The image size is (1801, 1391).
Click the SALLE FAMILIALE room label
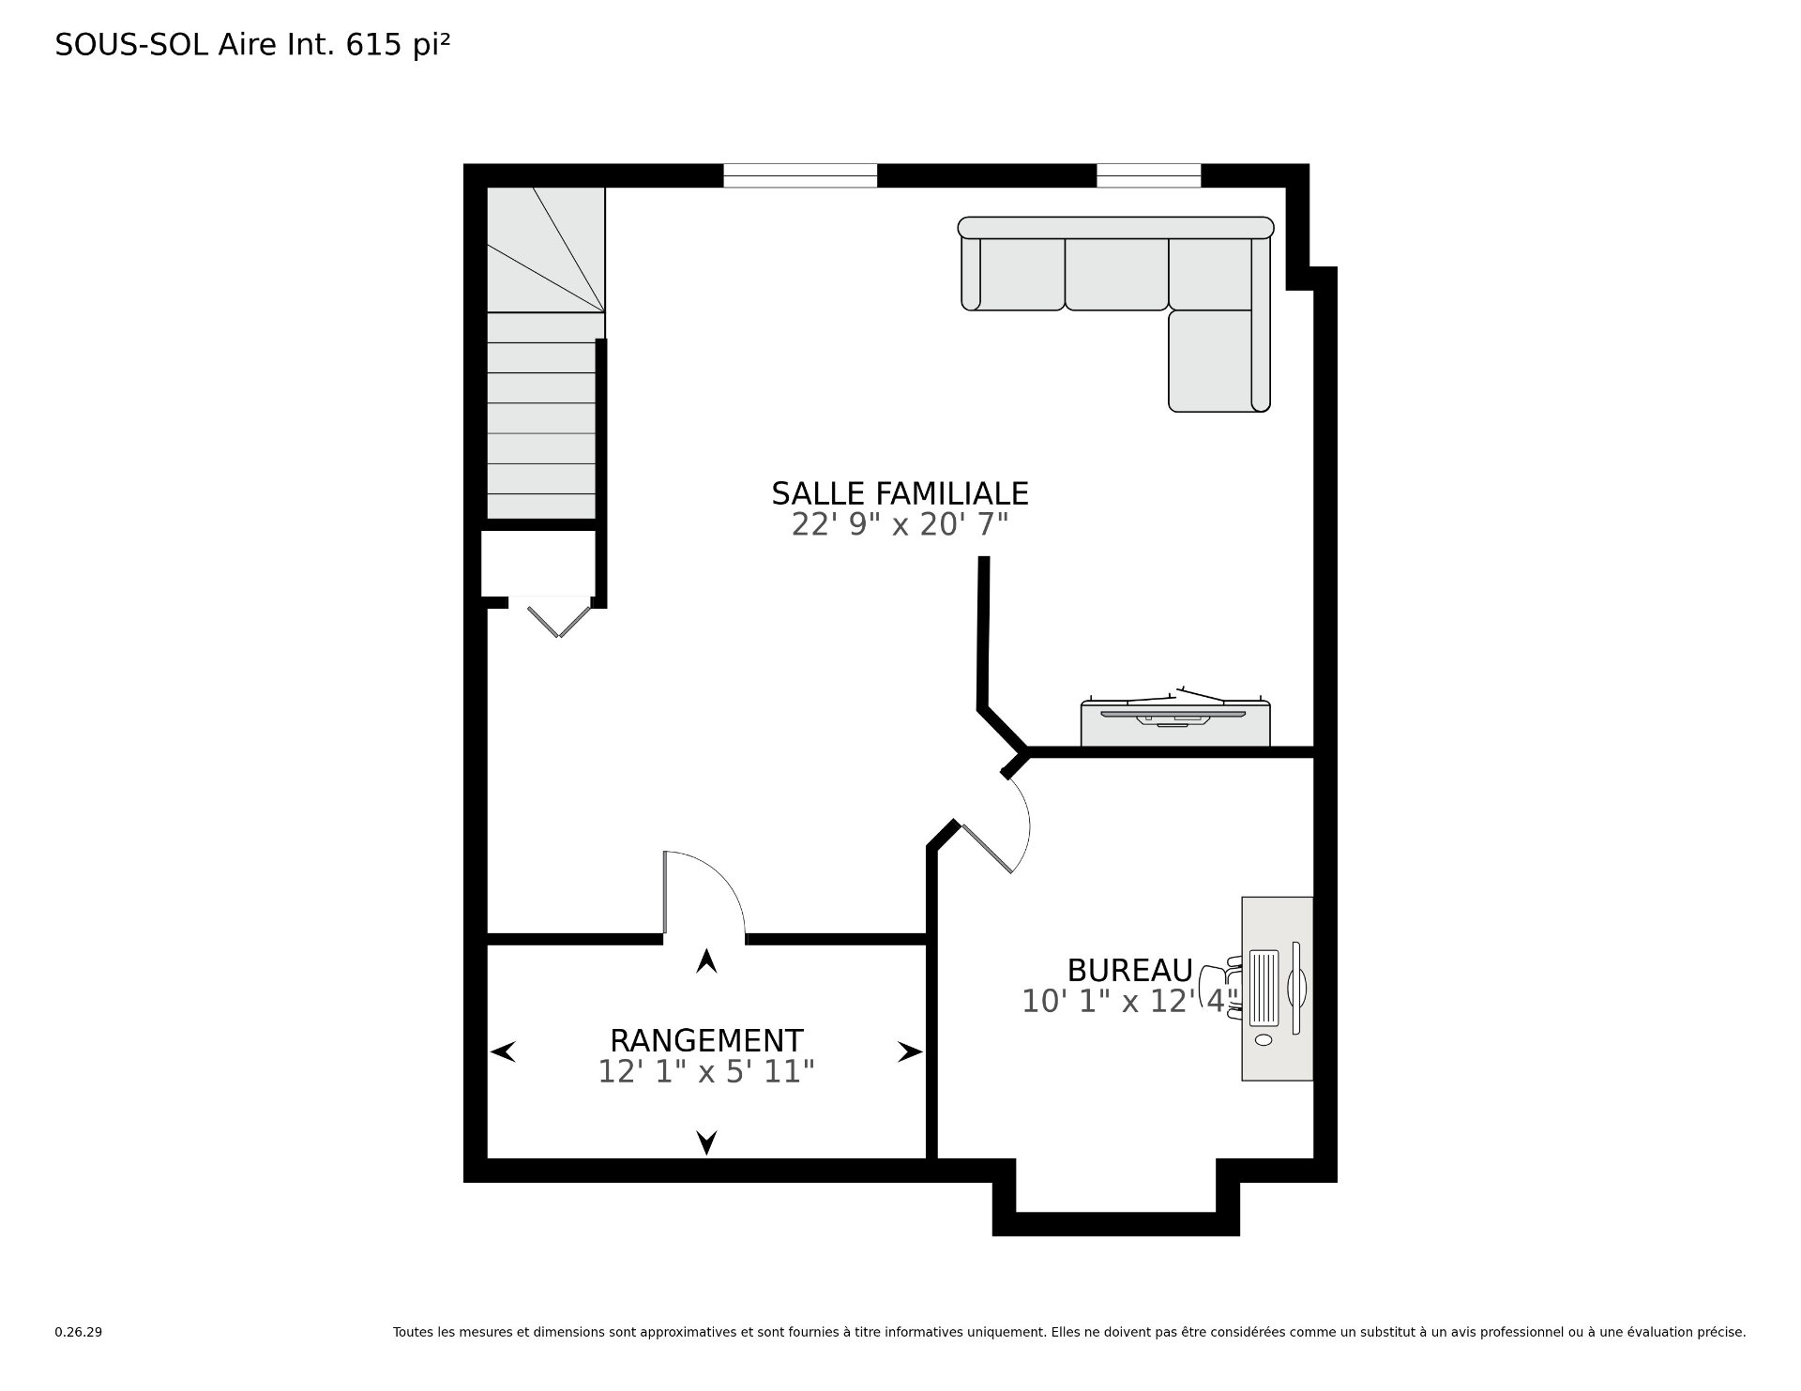pyautogui.click(x=900, y=493)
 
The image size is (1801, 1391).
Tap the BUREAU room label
pyautogui.click(x=1129, y=970)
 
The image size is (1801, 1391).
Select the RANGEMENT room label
pyautogui.click(x=706, y=1041)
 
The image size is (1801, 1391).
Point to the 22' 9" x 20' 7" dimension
pyautogui.click(x=900, y=524)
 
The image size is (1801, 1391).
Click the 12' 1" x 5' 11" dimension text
pyautogui.click(x=706, y=1071)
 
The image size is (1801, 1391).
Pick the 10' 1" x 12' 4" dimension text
pyautogui.click(x=1130, y=1001)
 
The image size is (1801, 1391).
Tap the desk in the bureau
pyautogui.click(x=1277, y=989)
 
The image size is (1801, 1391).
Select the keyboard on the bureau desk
pyautogui.click(x=1264, y=988)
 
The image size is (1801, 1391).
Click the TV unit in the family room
pyautogui.click(x=1175, y=723)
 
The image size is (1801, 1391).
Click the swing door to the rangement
pyautogui.click(x=704, y=893)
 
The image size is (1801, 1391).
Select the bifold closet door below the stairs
pyautogui.click(x=559, y=620)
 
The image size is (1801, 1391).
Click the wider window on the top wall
pyautogui.click(x=800, y=175)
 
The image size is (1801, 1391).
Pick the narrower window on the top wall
pyautogui.click(x=1149, y=175)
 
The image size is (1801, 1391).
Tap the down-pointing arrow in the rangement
pyautogui.click(x=706, y=1142)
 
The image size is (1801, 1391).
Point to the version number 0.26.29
pyautogui.click(x=78, y=1331)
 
